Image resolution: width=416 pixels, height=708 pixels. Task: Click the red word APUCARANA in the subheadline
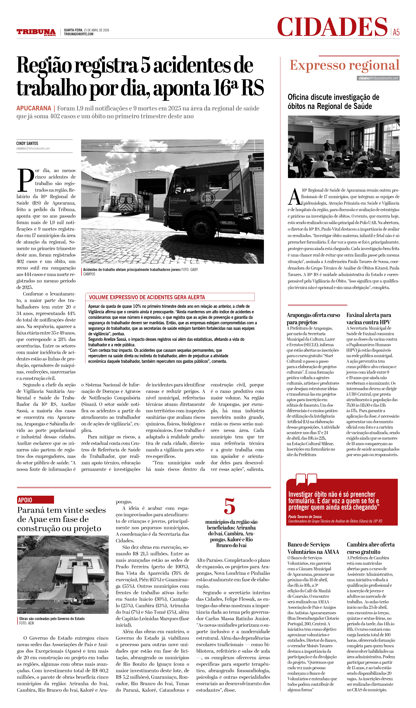(34, 108)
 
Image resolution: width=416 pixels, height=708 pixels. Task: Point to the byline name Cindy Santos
(27, 143)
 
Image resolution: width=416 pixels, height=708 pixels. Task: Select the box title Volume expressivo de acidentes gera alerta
(147, 297)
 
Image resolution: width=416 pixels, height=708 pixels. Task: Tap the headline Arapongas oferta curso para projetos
(313, 319)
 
